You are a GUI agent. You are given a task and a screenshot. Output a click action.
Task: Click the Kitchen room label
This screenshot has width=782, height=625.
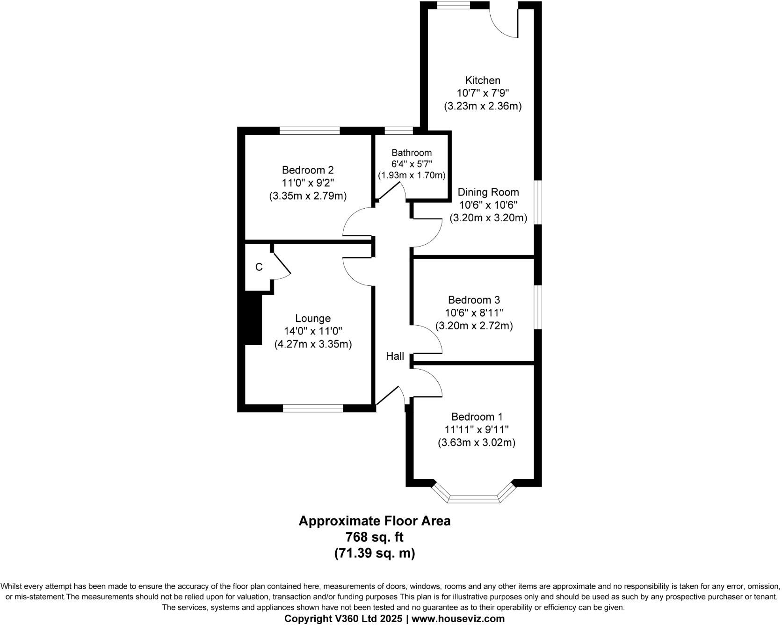(482, 80)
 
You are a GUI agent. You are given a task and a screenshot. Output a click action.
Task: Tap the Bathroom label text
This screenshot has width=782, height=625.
(412, 153)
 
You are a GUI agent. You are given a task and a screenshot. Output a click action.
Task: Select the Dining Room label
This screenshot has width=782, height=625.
(488, 192)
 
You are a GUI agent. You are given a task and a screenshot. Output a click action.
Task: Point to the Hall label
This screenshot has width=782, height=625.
(395, 356)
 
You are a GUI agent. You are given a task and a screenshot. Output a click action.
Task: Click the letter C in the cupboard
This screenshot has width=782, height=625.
(259, 267)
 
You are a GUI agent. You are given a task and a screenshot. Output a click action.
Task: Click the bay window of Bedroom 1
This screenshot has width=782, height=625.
(473, 497)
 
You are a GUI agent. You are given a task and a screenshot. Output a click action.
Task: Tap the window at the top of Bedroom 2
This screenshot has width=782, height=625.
(310, 131)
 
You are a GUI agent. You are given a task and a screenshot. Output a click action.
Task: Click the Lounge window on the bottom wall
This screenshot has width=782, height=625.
(313, 408)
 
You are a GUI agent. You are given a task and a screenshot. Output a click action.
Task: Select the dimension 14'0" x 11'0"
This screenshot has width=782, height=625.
(313, 331)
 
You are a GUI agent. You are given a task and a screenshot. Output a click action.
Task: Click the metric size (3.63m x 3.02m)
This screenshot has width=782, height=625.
(476, 443)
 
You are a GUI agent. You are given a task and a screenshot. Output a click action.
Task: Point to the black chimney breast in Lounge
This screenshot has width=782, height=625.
(253, 319)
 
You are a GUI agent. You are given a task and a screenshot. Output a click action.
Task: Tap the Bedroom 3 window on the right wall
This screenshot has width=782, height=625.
(538, 307)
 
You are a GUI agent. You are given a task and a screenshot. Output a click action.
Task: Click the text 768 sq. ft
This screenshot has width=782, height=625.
(374, 537)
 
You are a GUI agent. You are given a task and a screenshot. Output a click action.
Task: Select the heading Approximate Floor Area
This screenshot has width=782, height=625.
(374, 521)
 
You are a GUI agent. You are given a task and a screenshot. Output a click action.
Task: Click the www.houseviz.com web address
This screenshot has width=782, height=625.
(458, 619)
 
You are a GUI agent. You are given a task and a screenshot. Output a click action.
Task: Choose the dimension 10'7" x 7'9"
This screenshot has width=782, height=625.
(482, 93)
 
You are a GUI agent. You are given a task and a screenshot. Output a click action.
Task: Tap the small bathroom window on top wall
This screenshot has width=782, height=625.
(398, 131)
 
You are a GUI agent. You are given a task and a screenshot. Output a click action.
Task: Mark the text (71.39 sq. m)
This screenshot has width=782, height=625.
(374, 553)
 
